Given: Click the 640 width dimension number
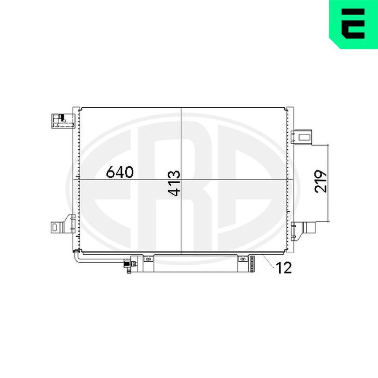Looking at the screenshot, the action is [x=120, y=172].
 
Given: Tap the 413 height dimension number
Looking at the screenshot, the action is [x=174, y=183].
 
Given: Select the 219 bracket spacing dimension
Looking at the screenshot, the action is [x=321, y=181].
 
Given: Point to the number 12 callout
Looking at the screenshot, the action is [x=284, y=267].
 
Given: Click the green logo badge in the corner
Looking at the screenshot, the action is [x=353, y=24].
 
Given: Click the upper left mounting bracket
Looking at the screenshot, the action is [x=63, y=121].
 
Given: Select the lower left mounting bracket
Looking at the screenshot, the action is [x=63, y=224].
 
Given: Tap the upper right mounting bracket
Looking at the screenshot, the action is [x=301, y=137].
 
